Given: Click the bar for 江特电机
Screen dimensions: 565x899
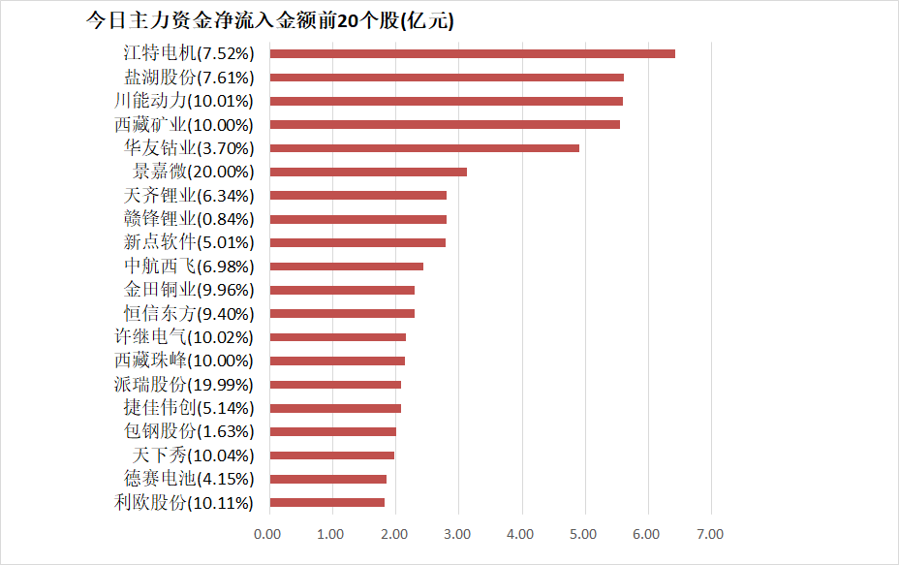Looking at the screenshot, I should (472, 54).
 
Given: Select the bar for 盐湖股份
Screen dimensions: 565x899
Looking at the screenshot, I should (447, 78).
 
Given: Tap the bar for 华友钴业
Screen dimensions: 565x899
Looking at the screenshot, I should (424, 148).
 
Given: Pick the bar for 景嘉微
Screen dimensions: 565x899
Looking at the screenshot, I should (368, 172).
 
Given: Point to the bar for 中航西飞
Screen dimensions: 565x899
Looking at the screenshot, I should (347, 267).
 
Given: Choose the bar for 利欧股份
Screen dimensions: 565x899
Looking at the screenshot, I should (327, 503).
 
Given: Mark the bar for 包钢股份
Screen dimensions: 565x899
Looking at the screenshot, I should (333, 432).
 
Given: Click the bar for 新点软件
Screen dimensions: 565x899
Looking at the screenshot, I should (357, 242).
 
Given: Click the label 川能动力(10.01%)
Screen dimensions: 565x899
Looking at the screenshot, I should (183, 101).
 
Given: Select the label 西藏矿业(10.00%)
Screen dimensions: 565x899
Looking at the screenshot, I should (183, 124).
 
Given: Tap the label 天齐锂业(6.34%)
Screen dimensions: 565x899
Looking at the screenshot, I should (189, 196).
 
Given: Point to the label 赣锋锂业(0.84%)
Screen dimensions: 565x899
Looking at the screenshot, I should (189, 219).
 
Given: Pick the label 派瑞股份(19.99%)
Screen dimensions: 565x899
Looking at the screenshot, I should (183, 385).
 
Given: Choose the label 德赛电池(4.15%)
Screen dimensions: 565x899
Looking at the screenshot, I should (189, 479).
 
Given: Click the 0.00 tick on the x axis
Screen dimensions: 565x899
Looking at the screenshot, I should (267, 534).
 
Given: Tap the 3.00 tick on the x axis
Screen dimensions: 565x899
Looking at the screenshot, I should (457, 534).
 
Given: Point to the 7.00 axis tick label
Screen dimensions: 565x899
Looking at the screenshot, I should (710, 534).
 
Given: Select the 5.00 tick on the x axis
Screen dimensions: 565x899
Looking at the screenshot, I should (584, 534).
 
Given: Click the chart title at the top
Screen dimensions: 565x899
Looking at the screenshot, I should (269, 20).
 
